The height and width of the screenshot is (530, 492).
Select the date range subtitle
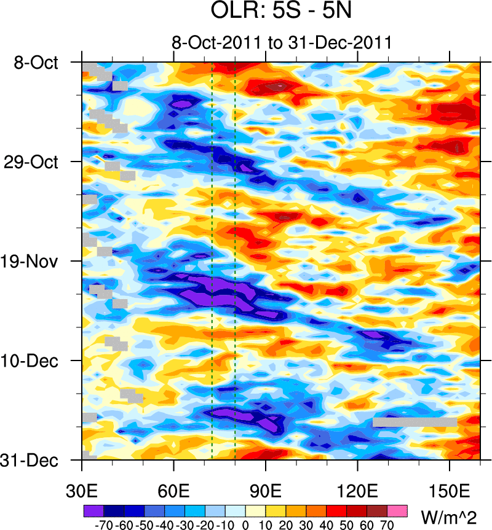(282, 43)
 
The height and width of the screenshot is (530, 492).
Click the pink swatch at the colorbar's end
(397, 510)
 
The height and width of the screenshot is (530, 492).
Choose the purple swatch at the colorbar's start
(93, 510)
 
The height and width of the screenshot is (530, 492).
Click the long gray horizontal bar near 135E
(415, 422)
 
